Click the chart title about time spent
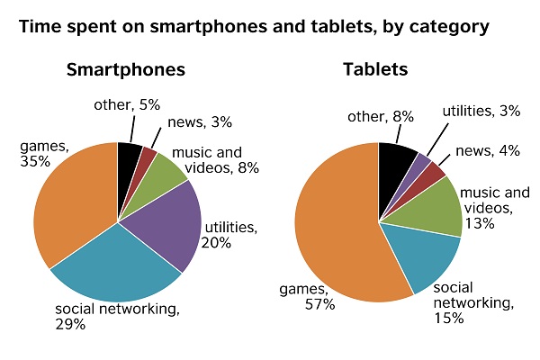coord(254,27)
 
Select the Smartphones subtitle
coord(125,70)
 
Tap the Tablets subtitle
coord(374,70)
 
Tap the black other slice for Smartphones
coord(129,155)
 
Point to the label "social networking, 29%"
coord(118,316)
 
